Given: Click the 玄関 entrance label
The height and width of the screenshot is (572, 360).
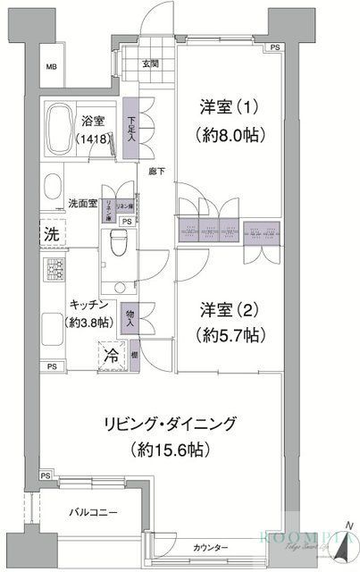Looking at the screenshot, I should (x=150, y=63).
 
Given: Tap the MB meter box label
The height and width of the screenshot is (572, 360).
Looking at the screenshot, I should (x=52, y=67).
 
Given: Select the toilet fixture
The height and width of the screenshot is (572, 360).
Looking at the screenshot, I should (x=116, y=245).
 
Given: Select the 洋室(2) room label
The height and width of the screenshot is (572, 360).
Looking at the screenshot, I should (x=227, y=310).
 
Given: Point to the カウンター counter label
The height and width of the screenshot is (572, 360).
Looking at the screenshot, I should (x=211, y=547).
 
